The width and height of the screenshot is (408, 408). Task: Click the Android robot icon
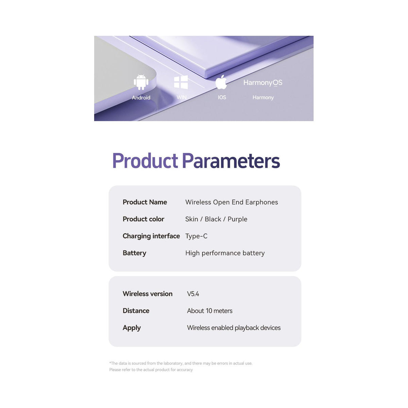(x=141, y=82)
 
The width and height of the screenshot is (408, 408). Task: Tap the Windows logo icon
(x=181, y=82)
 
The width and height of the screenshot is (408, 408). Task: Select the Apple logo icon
(x=221, y=82)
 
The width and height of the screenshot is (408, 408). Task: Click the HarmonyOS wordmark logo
(x=262, y=83)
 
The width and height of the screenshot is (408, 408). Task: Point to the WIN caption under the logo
(x=182, y=97)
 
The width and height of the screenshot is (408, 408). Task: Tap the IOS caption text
(x=222, y=97)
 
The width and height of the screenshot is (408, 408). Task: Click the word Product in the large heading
(x=145, y=160)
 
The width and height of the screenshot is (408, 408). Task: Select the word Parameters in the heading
(x=231, y=160)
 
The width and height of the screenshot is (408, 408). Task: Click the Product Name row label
(x=145, y=202)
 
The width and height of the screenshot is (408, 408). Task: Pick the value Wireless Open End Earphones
(x=232, y=202)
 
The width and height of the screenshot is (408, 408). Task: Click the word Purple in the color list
(x=237, y=219)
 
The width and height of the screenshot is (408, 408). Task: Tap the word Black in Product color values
(x=213, y=219)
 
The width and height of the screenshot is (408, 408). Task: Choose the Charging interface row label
(x=151, y=236)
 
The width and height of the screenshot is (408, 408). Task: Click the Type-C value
(x=196, y=236)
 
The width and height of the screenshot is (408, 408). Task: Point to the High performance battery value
(x=225, y=253)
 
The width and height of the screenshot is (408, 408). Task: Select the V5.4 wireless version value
(x=193, y=294)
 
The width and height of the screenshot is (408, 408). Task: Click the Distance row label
(x=136, y=311)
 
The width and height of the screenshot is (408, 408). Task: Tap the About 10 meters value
(x=210, y=311)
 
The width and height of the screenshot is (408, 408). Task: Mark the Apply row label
(x=132, y=328)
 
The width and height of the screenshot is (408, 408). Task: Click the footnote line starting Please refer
(x=151, y=370)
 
